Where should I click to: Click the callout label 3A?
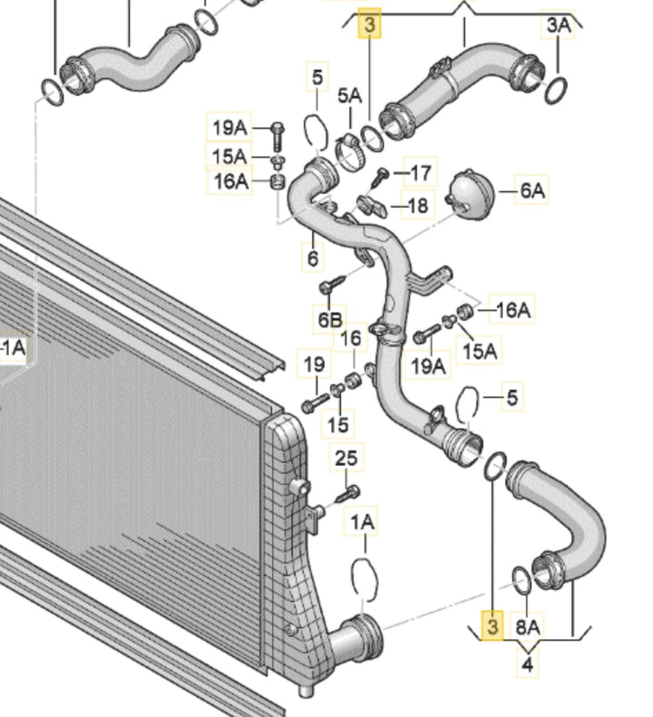(x=559, y=25)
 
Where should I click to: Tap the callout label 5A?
(x=349, y=95)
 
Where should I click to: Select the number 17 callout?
(x=421, y=173)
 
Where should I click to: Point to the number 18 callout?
(x=417, y=206)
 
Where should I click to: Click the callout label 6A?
(x=532, y=190)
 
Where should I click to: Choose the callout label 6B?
(x=330, y=320)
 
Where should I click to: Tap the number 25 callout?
(x=346, y=458)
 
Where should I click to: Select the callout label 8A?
(x=528, y=627)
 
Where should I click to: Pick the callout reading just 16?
(x=351, y=338)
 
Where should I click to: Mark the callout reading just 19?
(x=315, y=364)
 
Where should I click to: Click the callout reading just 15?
(x=338, y=424)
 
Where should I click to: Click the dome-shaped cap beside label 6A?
(x=471, y=194)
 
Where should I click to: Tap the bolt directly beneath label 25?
(x=348, y=494)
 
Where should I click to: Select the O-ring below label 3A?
(x=556, y=91)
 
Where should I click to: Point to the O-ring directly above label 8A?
(x=522, y=581)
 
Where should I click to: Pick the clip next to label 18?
(x=372, y=207)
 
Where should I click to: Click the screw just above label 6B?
(x=333, y=285)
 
